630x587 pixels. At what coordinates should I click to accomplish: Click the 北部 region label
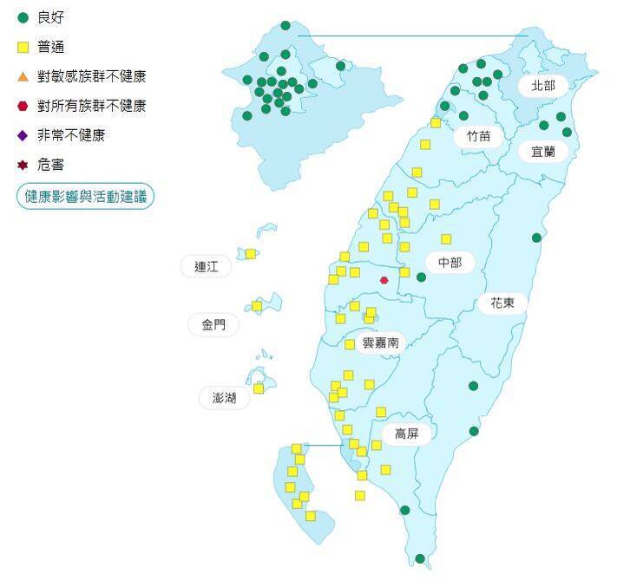pyautogui.click(x=542, y=86)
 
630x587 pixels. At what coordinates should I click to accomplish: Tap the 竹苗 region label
pyautogui.click(x=478, y=136)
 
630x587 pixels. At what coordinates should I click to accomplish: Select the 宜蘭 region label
pyautogui.click(x=543, y=151)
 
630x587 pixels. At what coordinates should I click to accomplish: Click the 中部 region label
pyautogui.click(x=450, y=263)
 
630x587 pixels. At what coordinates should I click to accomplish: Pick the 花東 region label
pyautogui.click(x=502, y=303)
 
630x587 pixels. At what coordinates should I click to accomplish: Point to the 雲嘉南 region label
pyautogui.click(x=380, y=342)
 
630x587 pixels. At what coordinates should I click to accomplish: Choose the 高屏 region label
pyautogui.click(x=406, y=434)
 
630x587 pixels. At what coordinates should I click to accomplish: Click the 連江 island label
pyautogui.click(x=207, y=266)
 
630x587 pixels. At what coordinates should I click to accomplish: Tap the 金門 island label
pyautogui.click(x=213, y=325)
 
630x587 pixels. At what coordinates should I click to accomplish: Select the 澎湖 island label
pyautogui.click(x=224, y=398)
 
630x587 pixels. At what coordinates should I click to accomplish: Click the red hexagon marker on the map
pyautogui.click(x=384, y=280)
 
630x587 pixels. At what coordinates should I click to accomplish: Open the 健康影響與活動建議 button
pyautogui.click(x=85, y=196)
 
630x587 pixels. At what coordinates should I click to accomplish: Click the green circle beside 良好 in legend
pyautogui.click(x=23, y=17)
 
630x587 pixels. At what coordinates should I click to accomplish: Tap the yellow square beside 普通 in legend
pyautogui.click(x=23, y=47)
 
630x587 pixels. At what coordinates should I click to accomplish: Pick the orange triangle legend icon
pyautogui.click(x=23, y=76)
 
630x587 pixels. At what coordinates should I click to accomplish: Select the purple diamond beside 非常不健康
pyautogui.click(x=23, y=135)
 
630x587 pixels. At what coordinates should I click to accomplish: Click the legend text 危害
pyautogui.click(x=50, y=165)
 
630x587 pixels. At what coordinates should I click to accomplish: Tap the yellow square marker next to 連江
pyautogui.click(x=250, y=254)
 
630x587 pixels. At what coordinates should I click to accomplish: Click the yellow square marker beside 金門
pyautogui.click(x=257, y=306)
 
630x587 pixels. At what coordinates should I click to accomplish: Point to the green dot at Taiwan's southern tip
pyautogui.click(x=420, y=559)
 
